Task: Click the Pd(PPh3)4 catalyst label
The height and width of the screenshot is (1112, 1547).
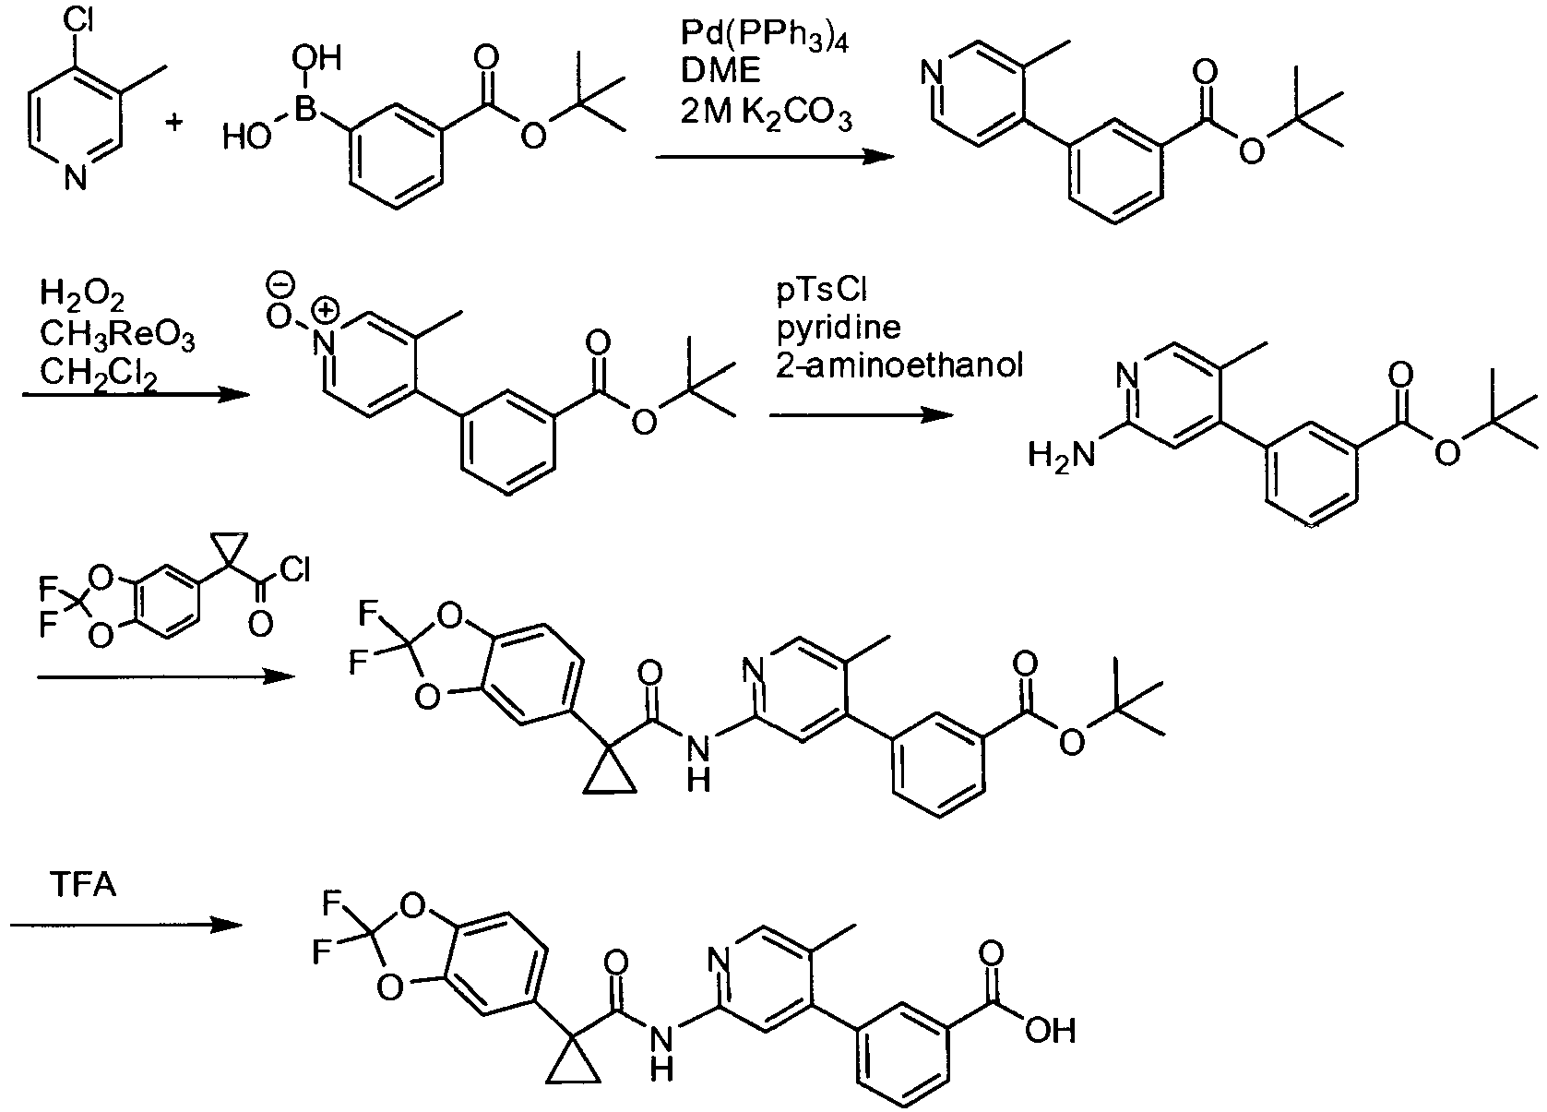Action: (x=765, y=37)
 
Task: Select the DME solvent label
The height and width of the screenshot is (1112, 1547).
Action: (x=721, y=72)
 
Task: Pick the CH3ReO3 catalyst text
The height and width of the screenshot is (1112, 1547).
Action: (x=117, y=336)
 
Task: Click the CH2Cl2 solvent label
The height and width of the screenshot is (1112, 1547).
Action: (x=99, y=374)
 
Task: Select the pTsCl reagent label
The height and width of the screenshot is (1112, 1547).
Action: (x=821, y=290)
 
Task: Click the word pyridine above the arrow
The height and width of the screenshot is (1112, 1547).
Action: (x=839, y=328)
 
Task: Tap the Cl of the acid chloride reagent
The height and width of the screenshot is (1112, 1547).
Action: (x=295, y=569)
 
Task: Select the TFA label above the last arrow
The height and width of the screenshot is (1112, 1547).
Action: (x=83, y=885)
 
